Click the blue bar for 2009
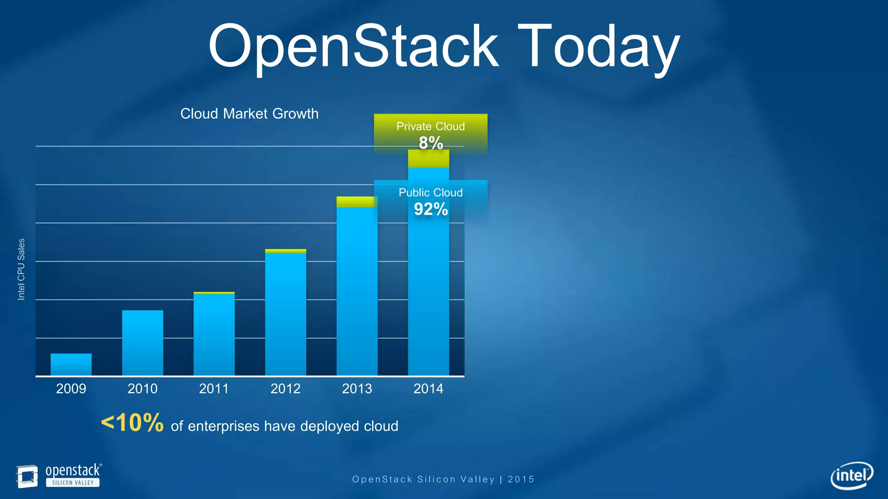pyautogui.click(x=71, y=364)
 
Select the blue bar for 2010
pyautogui.click(x=143, y=343)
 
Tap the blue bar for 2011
pyautogui.click(x=214, y=334)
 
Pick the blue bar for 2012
pyautogui.click(x=285, y=314)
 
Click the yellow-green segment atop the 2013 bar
pyautogui.click(x=356, y=202)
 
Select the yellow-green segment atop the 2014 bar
pyautogui.click(x=428, y=159)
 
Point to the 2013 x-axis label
pyautogui.click(x=357, y=389)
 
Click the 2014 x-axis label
pyautogui.click(x=428, y=389)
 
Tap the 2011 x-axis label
pyautogui.click(x=214, y=389)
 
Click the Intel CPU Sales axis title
pyautogui.click(x=21, y=269)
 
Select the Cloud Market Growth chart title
pyautogui.click(x=249, y=113)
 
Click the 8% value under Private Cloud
pyautogui.click(x=431, y=143)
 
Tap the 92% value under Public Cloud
pyautogui.click(x=431, y=209)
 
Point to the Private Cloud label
pyautogui.click(x=431, y=126)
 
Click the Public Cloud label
pyautogui.click(x=431, y=193)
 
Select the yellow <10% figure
pyautogui.click(x=132, y=423)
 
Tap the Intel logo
pyautogui.click(x=852, y=476)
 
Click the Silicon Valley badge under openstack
pyautogui.click(x=73, y=483)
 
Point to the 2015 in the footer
pyautogui.click(x=521, y=479)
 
